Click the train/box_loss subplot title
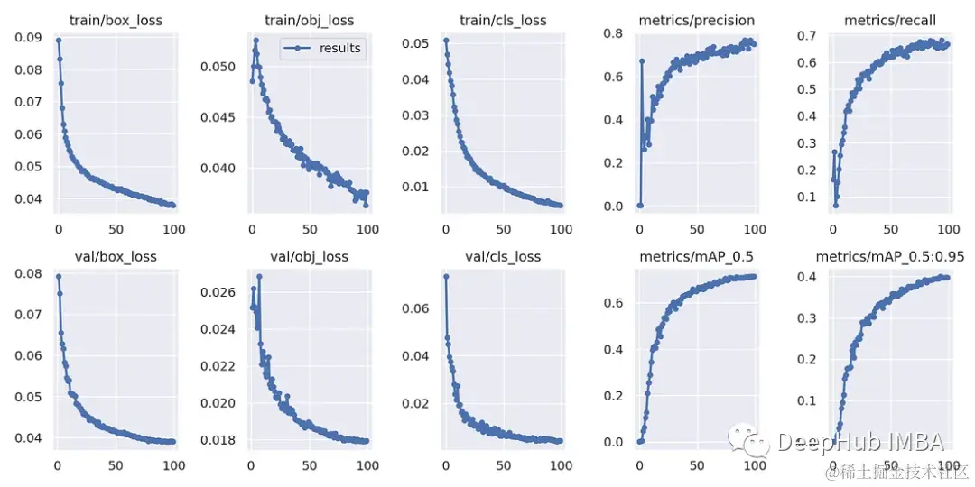pos(116,21)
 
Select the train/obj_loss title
pos(309,21)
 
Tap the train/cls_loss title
pos(503,21)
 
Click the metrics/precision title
pos(696,21)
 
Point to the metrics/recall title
pos(890,21)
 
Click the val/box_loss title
pos(116,257)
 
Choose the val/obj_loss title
pos(309,257)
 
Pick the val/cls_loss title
pos(503,257)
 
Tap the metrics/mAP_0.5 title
pos(696,257)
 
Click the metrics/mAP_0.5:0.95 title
pos(890,257)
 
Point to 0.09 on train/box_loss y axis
pos(28,38)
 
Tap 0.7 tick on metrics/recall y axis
pos(807,35)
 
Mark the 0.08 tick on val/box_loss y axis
pos(28,273)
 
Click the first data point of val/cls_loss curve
pos(446,276)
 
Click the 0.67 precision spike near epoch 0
pos(642,60)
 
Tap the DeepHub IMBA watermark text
pos(859,442)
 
